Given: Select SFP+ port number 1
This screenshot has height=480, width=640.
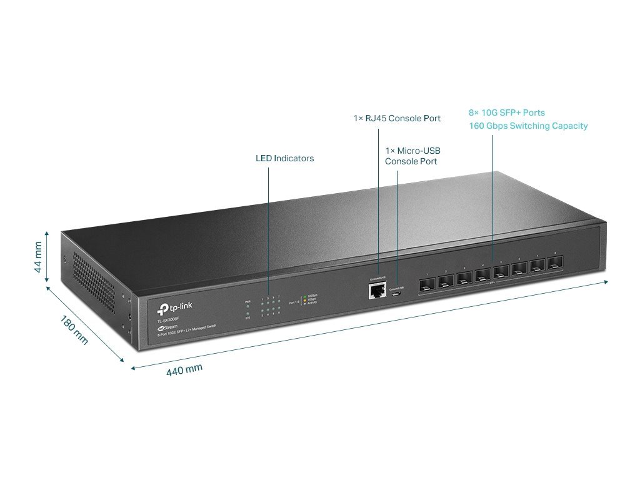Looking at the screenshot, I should pyautogui.click(x=427, y=283).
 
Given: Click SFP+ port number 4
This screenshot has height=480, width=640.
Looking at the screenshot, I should pyautogui.click(x=482, y=275).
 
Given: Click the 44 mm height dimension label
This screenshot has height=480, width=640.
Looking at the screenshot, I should pyautogui.click(x=39, y=257).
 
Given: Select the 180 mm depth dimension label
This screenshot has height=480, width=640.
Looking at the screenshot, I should pyautogui.click(x=74, y=329).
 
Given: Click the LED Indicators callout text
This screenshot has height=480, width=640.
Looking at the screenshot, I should pyautogui.click(x=284, y=158).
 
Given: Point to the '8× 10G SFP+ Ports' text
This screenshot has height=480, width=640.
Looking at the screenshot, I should pyautogui.click(x=507, y=113).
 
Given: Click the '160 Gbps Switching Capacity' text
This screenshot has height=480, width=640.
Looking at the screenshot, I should pyautogui.click(x=528, y=126).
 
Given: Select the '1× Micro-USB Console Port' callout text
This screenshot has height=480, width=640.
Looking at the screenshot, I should pyautogui.click(x=412, y=156).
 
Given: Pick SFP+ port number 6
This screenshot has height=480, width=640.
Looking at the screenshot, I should pyautogui.click(x=519, y=269).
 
